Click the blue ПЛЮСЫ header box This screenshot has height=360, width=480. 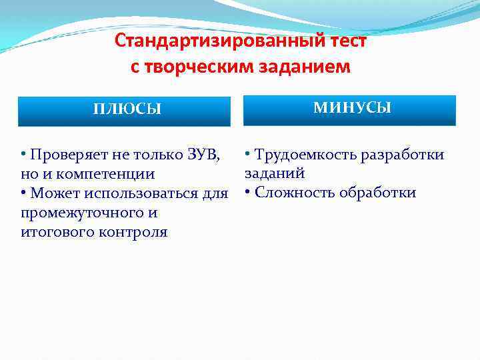click(124, 111)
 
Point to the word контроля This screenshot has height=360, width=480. click(131, 233)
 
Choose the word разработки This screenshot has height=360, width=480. click(402, 155)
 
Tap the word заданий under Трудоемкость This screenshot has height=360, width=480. click(275, 173)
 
